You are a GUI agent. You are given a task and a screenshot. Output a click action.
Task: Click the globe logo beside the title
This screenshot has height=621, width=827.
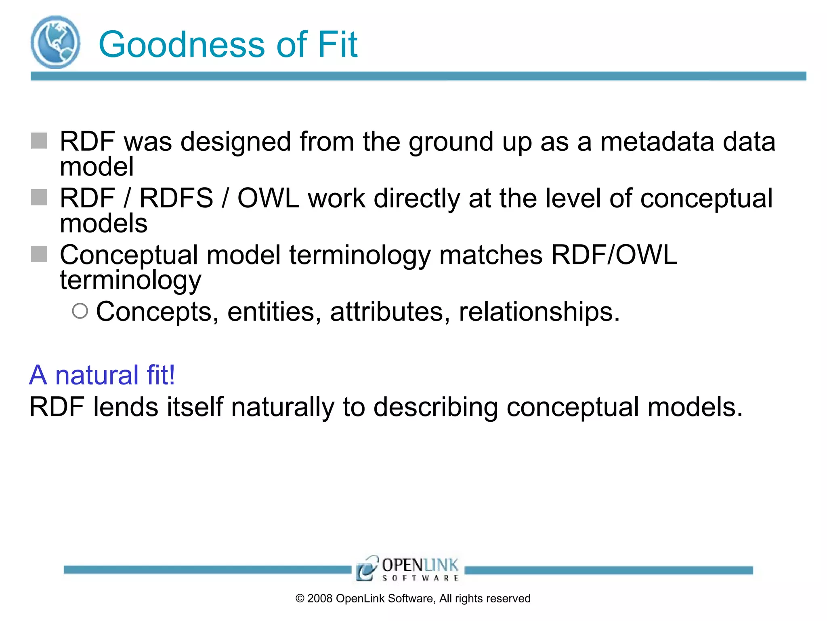click(x=55, y=42)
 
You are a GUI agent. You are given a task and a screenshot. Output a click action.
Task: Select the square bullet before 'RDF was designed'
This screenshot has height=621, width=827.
click(x=39, y=141)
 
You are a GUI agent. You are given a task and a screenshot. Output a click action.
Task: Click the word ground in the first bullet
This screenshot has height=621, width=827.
click(x=451, y=142)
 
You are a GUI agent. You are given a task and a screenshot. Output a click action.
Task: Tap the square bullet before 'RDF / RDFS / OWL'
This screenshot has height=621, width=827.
click(x=39, y=197)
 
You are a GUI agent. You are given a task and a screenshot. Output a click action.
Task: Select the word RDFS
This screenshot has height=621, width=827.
click(x=176, y=198)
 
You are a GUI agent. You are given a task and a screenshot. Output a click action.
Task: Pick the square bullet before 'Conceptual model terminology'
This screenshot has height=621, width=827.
click(x=39, y=254)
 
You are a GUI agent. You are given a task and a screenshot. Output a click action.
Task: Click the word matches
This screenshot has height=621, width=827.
click(x=491, y=255)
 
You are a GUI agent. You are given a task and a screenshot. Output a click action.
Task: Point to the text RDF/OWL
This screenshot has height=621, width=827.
click(x=614, y=255)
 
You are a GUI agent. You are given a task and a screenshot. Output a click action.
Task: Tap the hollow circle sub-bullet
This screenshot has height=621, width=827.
click(x=80, y=311)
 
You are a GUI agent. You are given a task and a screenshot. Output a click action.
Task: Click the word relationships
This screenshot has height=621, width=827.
click(x=539, y=312)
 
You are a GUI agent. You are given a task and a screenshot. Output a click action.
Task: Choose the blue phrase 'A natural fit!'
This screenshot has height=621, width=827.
click(x=102, y=375)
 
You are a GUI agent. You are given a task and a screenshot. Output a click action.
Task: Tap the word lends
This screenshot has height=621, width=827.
click(x=126, y=407)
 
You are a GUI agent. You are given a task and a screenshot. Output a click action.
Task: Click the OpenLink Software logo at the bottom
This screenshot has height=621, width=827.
click(x=407, y=569)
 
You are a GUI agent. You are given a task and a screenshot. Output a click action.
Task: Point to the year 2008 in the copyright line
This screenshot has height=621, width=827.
click(x=319, y=598)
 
